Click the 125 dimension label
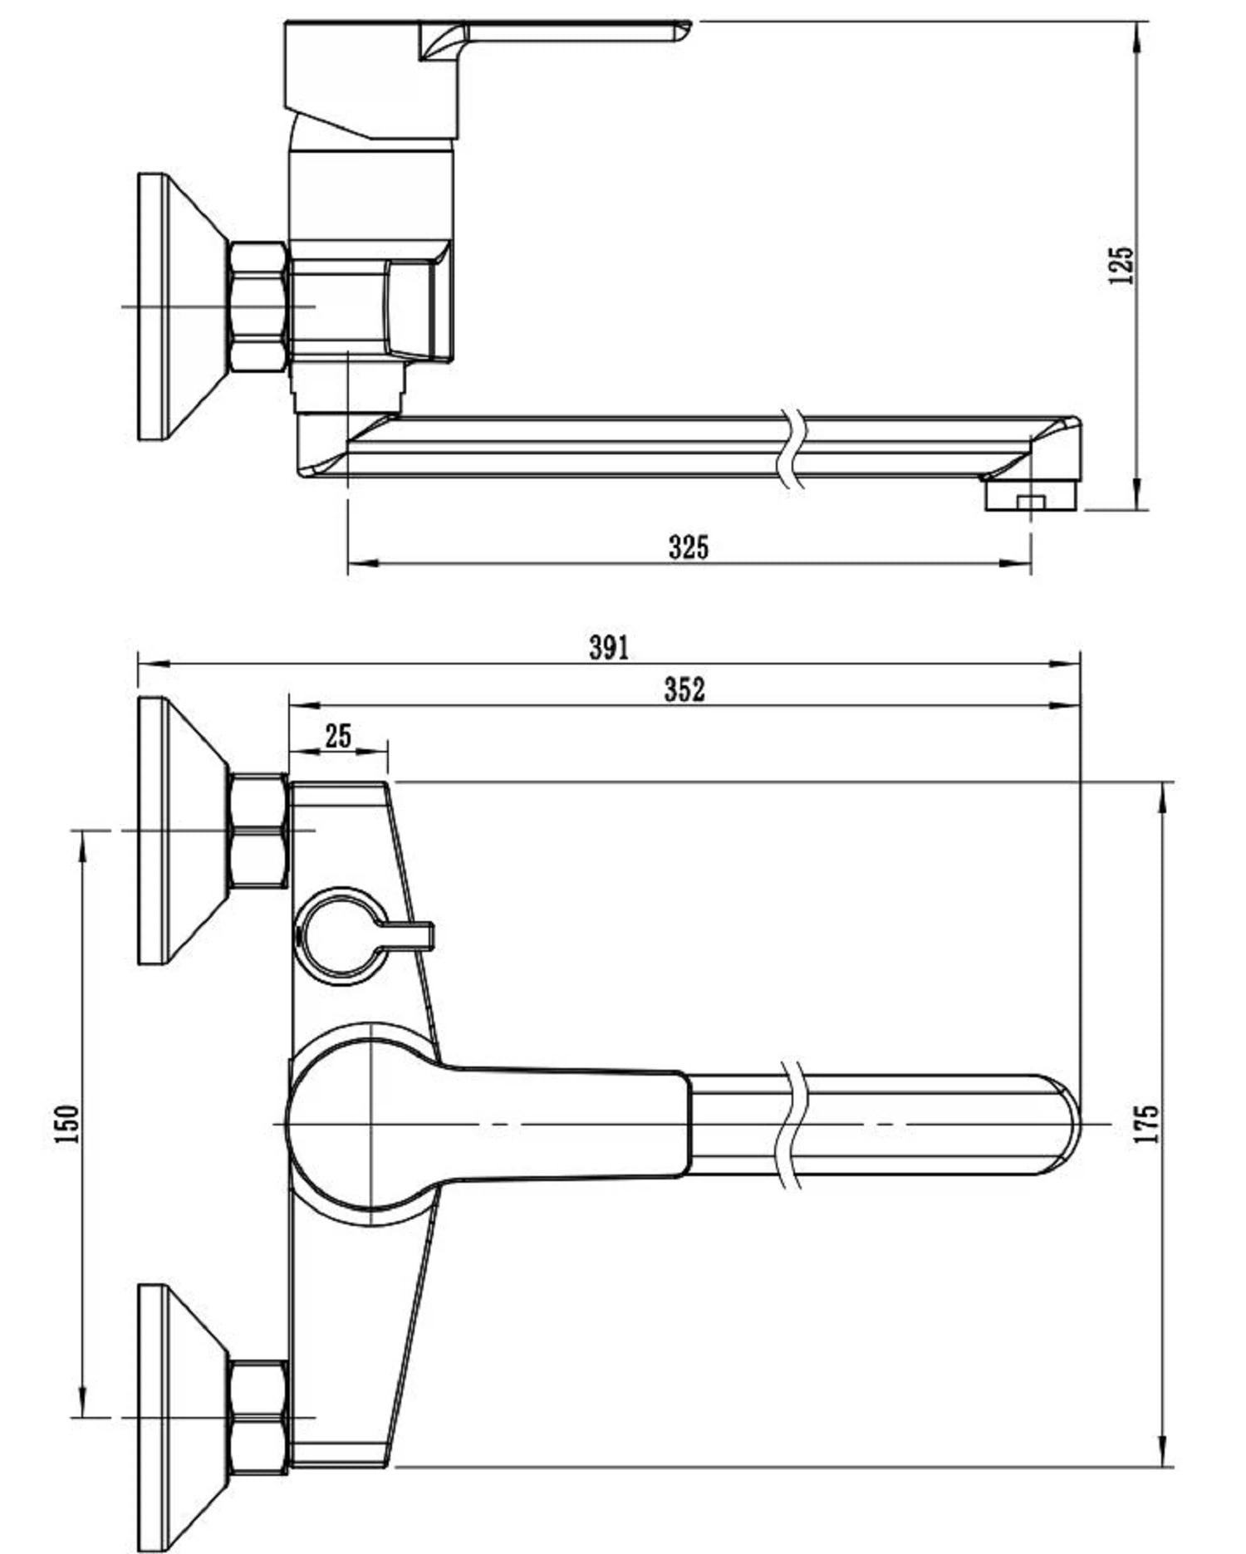pyautogui.click(x=1121, y=265)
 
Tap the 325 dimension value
pyautogui.click(x=689, y=547)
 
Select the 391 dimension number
pyautogui.click(x=609, y=647)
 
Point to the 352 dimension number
pyautogui.click(x=684, y=689)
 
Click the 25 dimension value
pyautogui.click(x=338, y=735)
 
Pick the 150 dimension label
pyautogui.click(x=66, y=1124)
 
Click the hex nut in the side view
pyautogui.click(x=258, y=306)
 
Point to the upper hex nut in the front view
pyautogui.click(x=258, y=831)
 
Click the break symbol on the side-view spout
pyautogui.click(x=792, y=449)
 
